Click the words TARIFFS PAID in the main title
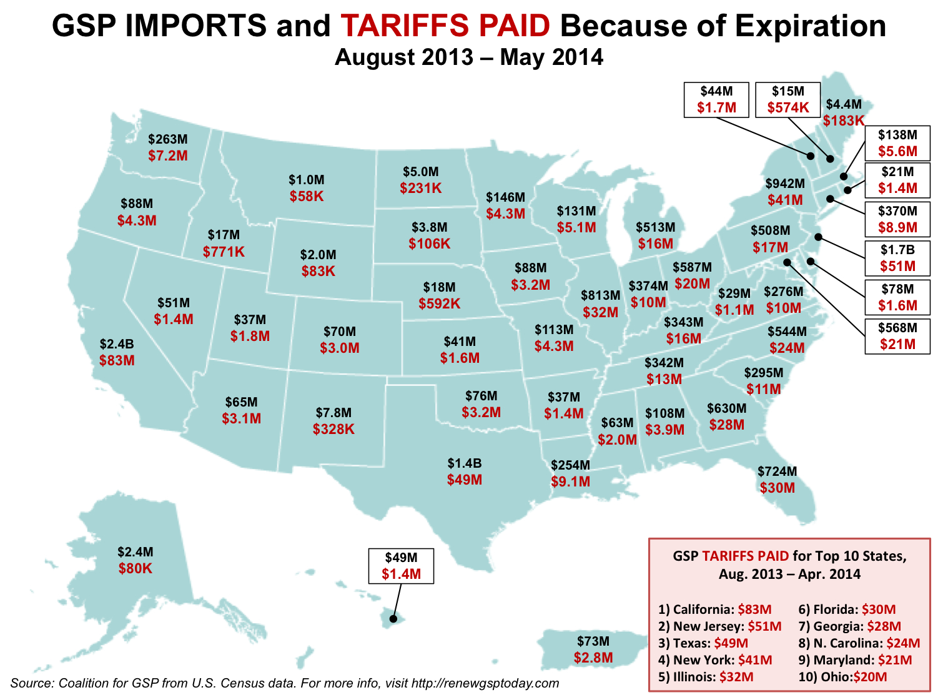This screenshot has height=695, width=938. [x=445, y=26]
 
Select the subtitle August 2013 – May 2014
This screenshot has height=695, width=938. [x=469, y=57]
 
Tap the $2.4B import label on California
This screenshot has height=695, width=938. [x=117, y=344]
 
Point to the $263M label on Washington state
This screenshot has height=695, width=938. [x=168, y=139]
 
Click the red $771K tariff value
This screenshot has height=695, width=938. [x=224, y=252]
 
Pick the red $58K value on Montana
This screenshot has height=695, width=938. [x=307, y=196]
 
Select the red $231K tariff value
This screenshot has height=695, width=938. [x=421, y=188]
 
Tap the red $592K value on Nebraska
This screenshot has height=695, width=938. [x=440, y=303]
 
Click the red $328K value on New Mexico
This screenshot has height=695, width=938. [x=333, y=429]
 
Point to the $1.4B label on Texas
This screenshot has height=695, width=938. [x=465, y=463]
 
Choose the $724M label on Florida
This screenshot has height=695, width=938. [x=777, y=471]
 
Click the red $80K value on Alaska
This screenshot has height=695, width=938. [x=136, y=568]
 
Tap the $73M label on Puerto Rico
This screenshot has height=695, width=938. [x=593, y=641]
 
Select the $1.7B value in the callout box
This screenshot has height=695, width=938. [x=897, y=250]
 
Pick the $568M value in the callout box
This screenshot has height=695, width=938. [x=897, y=328]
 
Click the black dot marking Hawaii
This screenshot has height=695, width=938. [x=393, y=619]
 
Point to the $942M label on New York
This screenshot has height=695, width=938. [x=785, y=184]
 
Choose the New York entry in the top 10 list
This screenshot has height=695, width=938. [x=714, y=660]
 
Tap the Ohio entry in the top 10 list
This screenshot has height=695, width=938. [x=842, y=677]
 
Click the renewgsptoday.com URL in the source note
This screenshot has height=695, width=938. [x=485, y=683]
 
